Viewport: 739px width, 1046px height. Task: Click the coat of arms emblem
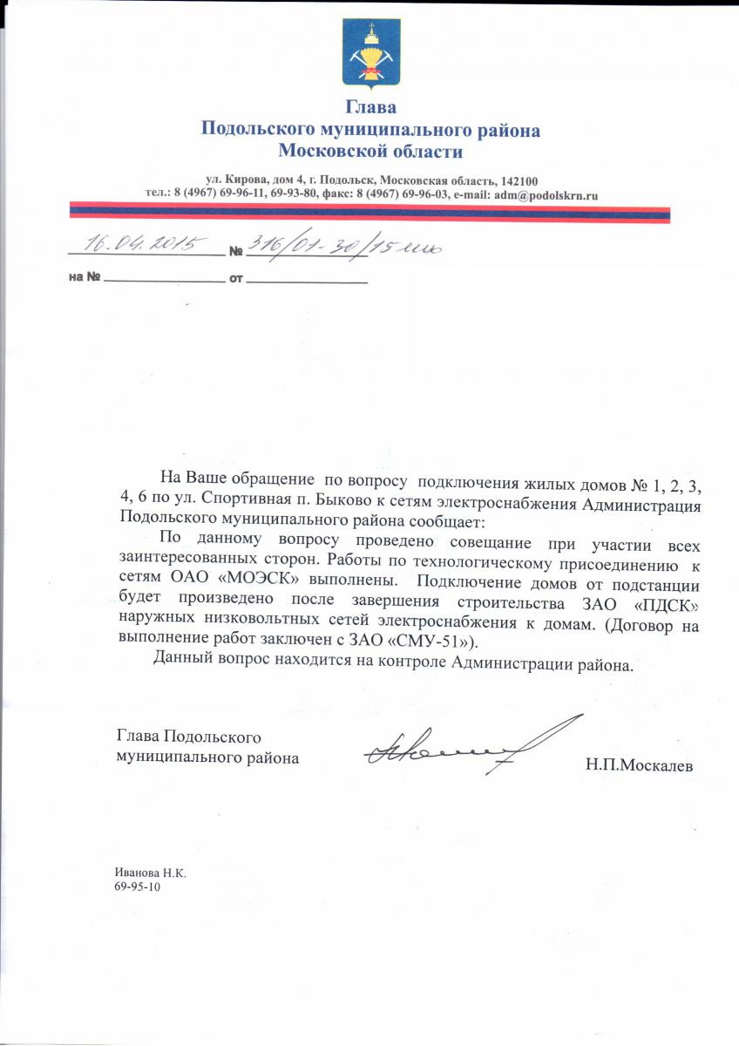[370, 54]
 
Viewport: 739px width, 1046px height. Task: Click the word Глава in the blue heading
[370, 108]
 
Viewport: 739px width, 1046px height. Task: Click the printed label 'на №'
[85, 281]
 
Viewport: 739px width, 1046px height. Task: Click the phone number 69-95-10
[138, 886]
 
